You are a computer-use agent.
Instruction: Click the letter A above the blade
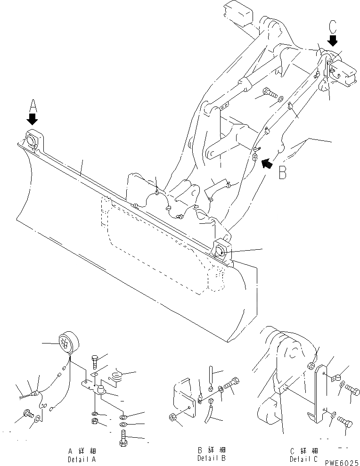(32, 104)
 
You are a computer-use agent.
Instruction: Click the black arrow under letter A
(33, 118)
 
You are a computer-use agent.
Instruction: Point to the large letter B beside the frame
(282, 173)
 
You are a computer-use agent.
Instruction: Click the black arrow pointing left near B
(267, 163)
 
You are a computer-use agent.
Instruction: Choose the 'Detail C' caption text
(303, 458)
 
